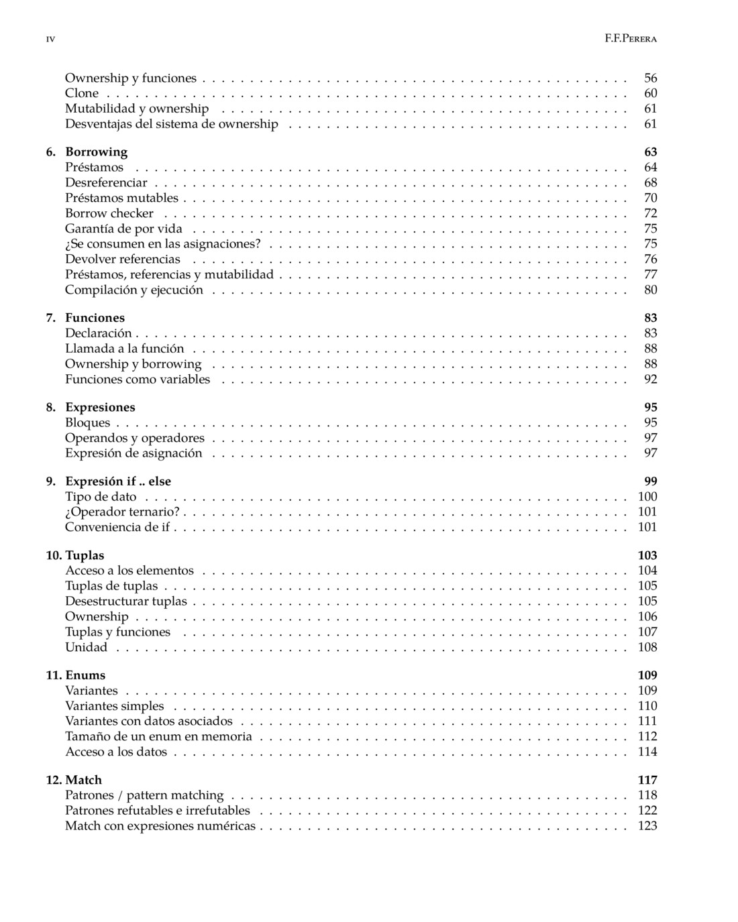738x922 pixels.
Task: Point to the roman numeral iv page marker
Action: coord(50,40)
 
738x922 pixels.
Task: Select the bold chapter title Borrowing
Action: coord(96,152)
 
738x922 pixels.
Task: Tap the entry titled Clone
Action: coord(82,93)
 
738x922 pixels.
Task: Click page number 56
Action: coord(650,78)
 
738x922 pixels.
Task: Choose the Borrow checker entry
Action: coord(109,213)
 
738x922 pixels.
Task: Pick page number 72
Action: coord(650,213)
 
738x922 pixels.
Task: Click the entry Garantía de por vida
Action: coord(123,229)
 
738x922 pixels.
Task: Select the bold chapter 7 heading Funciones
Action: coord(95,318)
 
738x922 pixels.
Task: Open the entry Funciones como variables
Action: coord(138,380)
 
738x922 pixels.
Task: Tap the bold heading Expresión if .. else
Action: coord(118,481)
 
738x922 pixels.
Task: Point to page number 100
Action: coord(647,497)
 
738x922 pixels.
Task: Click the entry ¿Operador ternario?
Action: coord(122,512)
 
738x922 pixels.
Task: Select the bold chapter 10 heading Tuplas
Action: coord(85,555)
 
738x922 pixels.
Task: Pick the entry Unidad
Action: coord(86,647)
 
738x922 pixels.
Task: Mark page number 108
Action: coord(647,647)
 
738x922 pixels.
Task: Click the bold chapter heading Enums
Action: coord(85,675)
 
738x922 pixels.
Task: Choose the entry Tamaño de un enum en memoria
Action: coord(158,736)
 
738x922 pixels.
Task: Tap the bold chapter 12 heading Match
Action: coord(83,780)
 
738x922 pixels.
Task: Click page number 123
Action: coord(647,826)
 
